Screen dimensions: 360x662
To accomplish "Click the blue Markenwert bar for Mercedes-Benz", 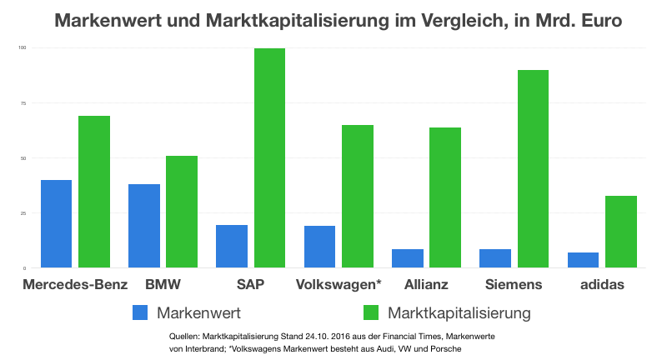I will (56, 224).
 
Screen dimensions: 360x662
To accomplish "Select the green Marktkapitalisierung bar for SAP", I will (269, 158).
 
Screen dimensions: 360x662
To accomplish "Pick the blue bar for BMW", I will (144, 226).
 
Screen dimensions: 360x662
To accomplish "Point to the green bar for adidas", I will (621, 232).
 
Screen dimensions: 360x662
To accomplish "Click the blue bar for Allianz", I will (408, 258).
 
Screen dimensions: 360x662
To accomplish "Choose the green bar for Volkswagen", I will (358, 197).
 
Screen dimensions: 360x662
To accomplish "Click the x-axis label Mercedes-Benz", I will (76, 285).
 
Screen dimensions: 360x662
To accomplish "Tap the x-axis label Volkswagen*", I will (339, 285).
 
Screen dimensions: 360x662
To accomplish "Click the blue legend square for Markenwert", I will (141, 313).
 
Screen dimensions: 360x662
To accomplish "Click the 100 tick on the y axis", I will (23, 48).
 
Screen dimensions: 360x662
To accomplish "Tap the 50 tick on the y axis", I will (23, 158).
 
